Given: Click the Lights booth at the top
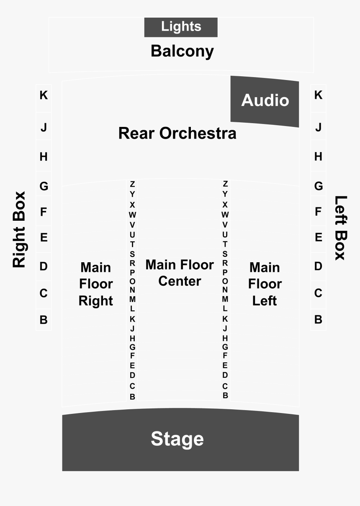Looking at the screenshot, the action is pos(181,27).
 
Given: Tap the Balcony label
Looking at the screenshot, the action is pos(182,51).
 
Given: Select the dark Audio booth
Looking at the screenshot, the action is pos(265,101).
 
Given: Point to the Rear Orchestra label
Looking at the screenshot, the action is pos(177,133).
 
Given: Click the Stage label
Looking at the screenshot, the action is pos(177,439).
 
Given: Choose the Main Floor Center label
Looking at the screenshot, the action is pos(180,273).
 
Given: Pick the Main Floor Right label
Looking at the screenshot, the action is pos(96,284).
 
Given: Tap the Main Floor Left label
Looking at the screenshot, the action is pos(265,284).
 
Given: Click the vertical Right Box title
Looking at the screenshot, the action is pos(19,230).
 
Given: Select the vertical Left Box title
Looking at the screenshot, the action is pos(341,228).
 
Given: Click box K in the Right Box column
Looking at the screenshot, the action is pos(44,98).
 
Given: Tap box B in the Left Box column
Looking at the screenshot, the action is pos(318,320).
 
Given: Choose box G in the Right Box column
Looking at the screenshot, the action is pos(44,183).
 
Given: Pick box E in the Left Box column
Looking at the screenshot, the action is pos(318,239).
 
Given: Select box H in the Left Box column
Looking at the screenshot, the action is pos(318,155).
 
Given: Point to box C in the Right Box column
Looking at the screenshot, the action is pos(44,295).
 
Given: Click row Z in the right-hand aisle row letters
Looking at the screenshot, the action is pos(225,183).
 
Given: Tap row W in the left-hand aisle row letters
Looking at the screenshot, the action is pos(133,214).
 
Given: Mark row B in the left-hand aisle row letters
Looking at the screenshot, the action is pos(133,397).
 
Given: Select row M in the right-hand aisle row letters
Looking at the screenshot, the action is pos(225,299).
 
